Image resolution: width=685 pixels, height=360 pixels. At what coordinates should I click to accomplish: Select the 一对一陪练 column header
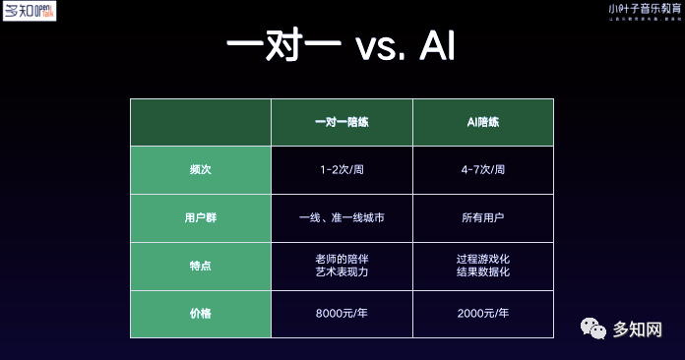pos(341,122)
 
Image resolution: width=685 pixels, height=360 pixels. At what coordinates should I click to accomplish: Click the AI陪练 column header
pos(481,122)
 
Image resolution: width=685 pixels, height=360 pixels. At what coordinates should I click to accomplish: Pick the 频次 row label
pos(201,170)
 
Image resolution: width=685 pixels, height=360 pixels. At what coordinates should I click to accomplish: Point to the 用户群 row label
pos(201,217)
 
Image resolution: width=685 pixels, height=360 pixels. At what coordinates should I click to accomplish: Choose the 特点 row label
pos(201,266)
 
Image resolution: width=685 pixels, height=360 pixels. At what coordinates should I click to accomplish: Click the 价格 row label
pos(201,313)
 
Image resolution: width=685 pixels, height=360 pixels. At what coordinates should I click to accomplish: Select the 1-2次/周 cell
pos(341,170)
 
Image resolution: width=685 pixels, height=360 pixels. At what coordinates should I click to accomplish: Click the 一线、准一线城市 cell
pos(341,217)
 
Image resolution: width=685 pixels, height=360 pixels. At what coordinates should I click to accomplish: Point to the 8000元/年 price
pos(341,313)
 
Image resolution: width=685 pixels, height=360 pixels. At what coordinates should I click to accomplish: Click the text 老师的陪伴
pos(341,258)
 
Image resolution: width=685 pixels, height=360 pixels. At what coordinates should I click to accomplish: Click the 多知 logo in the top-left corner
pos(30,12)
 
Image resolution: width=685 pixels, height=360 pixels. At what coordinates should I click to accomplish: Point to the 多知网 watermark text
pos(637,330)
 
